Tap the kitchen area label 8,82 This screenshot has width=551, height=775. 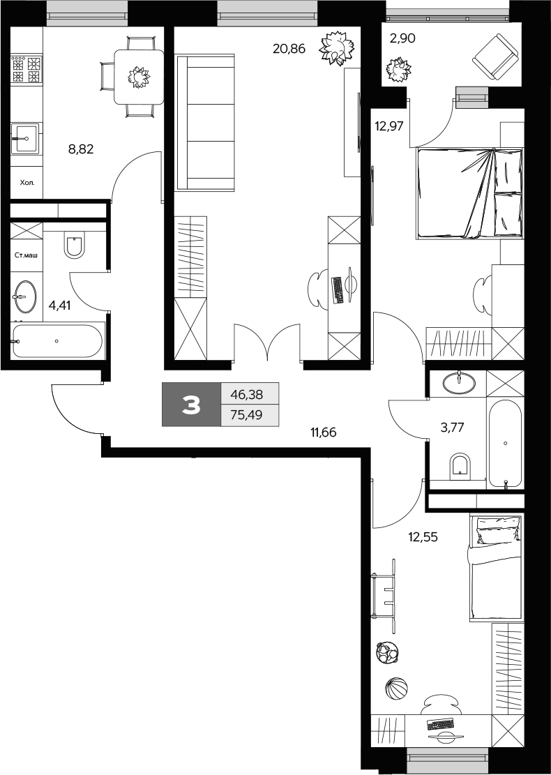[x=81, y=148]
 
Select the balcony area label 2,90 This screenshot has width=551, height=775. [x=402, y=39]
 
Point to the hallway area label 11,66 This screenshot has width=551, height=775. [x=324, y=432]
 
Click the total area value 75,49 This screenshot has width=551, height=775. [x=249, y=415]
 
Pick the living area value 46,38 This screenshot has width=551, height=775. [x=249, y=394]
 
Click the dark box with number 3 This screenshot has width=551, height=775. [x=191, y=405]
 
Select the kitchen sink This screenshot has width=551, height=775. [x=26, y=137]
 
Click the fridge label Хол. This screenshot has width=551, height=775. [x=25, y=185]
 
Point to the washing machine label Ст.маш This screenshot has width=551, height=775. [x=27, y=255]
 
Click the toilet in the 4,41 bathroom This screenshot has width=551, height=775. [x=75, y=245]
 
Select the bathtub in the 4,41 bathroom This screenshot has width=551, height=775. [x=57, y=341]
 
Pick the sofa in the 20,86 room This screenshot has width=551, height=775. [x=206, y=123]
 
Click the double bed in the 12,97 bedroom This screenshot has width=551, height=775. [x=469, y=193]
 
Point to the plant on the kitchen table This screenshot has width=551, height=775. [x=139, y=76]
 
